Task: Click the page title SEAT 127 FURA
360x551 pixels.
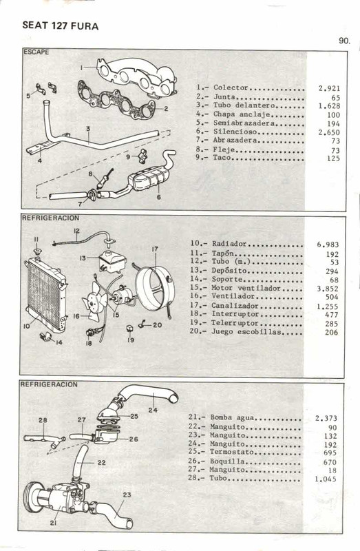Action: [61, 26]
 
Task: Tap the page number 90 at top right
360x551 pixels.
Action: [344, 41]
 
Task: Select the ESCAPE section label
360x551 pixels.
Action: [36, 52]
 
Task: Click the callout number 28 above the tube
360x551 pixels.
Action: [43, 420]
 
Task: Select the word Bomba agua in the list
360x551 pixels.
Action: [234, 418]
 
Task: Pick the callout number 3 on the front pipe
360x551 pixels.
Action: [89, 129]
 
